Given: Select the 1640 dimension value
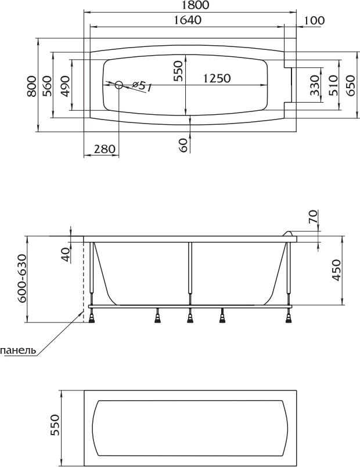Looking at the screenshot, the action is (188, 20).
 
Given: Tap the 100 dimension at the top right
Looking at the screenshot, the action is (315, 20).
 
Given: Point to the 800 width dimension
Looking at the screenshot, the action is (31, 86).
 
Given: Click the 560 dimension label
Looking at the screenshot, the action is (47, 86).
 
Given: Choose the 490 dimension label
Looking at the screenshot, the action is (65, 86).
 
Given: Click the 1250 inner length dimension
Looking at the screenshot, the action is (217, 78).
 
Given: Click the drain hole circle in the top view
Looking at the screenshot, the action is (119, 85).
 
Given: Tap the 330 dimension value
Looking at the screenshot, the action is (315, 85).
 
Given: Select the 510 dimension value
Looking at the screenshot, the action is (333, 85).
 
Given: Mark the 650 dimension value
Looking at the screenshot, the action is (351, 85).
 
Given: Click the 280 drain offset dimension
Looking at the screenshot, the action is (105, 149).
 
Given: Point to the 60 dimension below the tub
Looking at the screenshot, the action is (184, 145).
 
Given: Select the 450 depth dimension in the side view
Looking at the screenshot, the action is (336, 270).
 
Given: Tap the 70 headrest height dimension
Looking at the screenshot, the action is (313, 216).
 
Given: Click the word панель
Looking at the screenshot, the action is (18, 350).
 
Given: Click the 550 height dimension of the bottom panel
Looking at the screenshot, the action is (55, 425).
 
